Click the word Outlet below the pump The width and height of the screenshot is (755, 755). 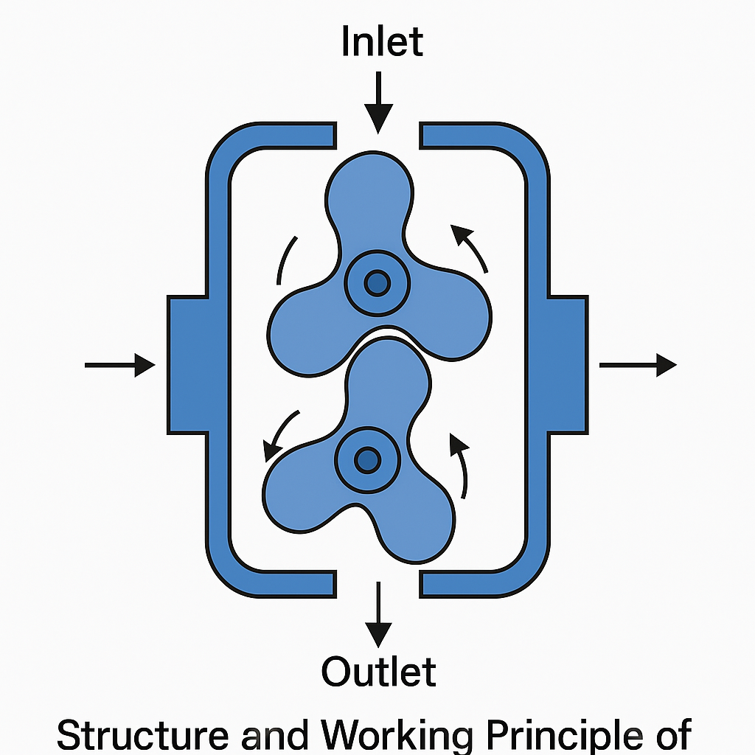click(378, 672)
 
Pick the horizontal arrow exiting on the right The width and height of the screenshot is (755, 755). click(638, 365)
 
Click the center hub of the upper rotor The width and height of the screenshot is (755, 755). click(377, 282)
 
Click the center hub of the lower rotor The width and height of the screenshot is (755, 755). click(366, 461)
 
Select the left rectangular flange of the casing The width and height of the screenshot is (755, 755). click(187, 364)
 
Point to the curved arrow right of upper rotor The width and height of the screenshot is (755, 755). click(471, 247)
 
